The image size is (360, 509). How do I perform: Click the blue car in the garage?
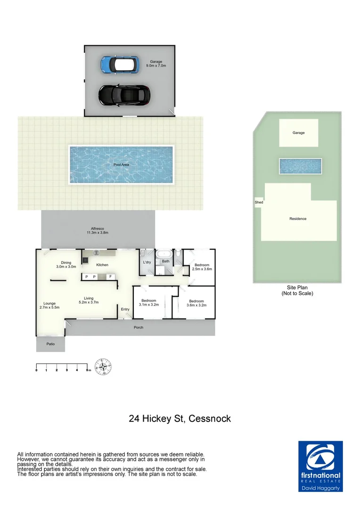tap(120, 64)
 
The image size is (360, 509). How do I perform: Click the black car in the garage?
tap(124, 95)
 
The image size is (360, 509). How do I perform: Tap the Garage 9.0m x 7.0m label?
tap(158, 64)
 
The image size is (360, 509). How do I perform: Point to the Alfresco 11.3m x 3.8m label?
tap(98, 230)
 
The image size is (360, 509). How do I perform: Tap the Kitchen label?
tap(102, 265)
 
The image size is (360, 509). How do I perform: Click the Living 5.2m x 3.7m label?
tap(89, 300)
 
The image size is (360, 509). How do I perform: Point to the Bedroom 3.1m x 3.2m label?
tap(149, 303)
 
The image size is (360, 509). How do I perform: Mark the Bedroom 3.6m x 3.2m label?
tap(196, 303)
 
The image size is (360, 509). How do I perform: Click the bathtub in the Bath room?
tap(165, 254)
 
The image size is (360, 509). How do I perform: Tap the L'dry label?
tap(147, 262)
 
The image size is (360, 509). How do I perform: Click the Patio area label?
tap(50, 344)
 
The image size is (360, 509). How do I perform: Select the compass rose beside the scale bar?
tap(103, 367)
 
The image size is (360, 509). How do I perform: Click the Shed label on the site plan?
tap(259, 202)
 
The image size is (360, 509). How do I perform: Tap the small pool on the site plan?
tap(300, 166)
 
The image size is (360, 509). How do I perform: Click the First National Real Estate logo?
tap(320, 466)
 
